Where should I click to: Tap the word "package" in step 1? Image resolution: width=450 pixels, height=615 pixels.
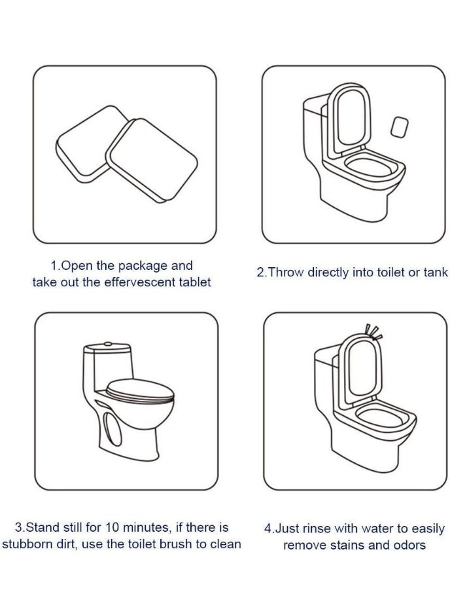click(x=143, y=266)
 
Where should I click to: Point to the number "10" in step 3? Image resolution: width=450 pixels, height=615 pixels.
click(x=112, y=527)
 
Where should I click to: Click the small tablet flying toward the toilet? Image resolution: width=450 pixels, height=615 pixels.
click(x=400, y=127)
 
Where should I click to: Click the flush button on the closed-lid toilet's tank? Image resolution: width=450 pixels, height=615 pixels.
click(x=108, y=344)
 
